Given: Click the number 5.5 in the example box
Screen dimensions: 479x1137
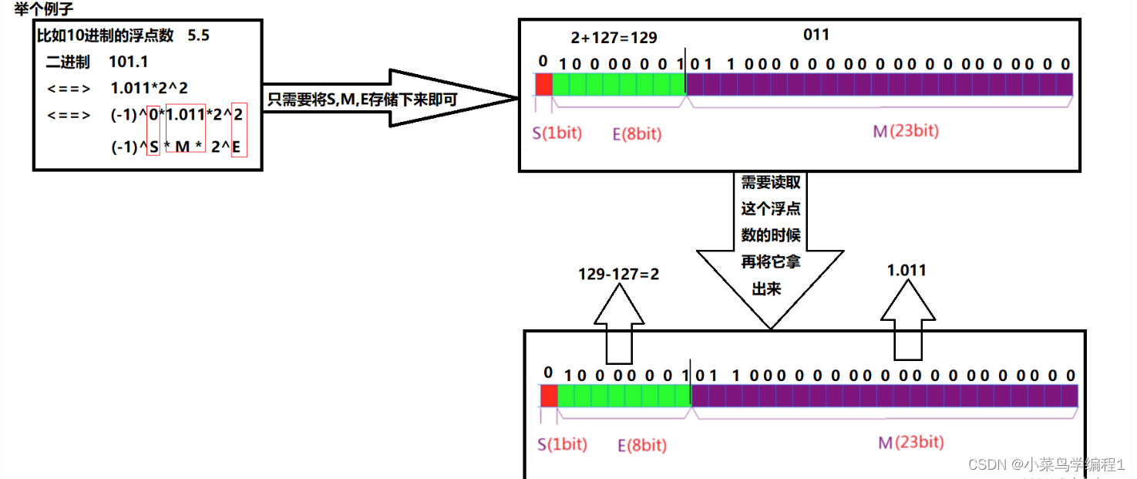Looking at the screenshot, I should pyautogui.click(x=198, y=35).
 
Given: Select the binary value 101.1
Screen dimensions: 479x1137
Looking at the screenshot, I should pyautogui.click(x=129, y=62).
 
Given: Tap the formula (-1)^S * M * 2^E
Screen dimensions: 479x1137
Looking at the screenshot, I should pyautogui.click(x=177, y=147).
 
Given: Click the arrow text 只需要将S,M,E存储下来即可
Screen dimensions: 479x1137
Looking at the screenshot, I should pyautogui.click(x=363, y=99).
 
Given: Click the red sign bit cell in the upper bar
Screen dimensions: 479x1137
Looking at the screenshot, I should pyautogui.click(x=543, y=84).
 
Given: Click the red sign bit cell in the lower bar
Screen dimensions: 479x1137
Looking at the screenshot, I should pyautogui.click(x=549, y=396).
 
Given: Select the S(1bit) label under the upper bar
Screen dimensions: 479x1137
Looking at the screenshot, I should pyautogui.click(x=557, y=133).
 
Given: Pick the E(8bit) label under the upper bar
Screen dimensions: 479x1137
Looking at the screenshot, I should pyautogui.click(x=637, y=133).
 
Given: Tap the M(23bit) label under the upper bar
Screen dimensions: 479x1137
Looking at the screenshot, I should pyautogui.click(x=906, y=131).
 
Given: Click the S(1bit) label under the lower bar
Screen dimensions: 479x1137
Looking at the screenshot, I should pyautogui.click(x=562, y=444).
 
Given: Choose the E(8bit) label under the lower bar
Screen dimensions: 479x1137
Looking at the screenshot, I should pyautogui.click(x=642, y=445).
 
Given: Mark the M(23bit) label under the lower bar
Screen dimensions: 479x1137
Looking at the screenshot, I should pyautogui.click(x=911, y=442).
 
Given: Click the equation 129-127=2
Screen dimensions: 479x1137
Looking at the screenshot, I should pyautogui.click(x=619, y=274).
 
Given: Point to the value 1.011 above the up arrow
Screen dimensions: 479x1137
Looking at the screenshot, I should pyautogui.click(x=907, y=270).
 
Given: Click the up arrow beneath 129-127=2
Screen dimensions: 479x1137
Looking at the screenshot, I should pyautogui.click(x=619, y=325).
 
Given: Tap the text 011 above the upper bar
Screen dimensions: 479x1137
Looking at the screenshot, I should pyautogui.click(x=816, y=34).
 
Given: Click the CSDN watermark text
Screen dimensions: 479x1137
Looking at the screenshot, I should pyautogui.click(x=1046, y=464).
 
